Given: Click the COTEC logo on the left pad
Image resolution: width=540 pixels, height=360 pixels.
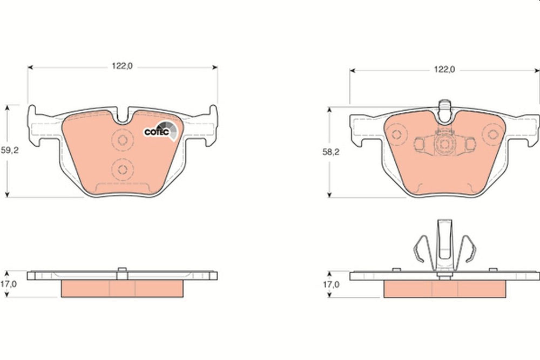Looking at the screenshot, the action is (x=161, y=131).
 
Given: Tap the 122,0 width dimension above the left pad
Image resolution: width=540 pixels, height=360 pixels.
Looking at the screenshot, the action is (x=122, y=66).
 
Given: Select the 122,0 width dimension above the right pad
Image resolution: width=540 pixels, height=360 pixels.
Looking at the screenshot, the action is (x=444, y=70).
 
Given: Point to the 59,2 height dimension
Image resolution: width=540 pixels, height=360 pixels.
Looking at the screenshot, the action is (x=10, y=151).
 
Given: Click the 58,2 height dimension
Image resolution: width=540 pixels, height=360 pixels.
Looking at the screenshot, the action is (x=330, y=152).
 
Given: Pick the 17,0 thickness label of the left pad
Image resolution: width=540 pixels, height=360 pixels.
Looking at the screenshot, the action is (x=8, y=284).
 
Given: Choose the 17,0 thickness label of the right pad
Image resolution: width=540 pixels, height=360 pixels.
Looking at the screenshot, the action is (x=330, y=284).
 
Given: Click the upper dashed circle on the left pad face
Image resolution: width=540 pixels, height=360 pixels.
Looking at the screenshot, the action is (x=123, y=140).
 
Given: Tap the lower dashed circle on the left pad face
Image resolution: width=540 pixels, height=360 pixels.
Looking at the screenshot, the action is (x=123, y=169).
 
